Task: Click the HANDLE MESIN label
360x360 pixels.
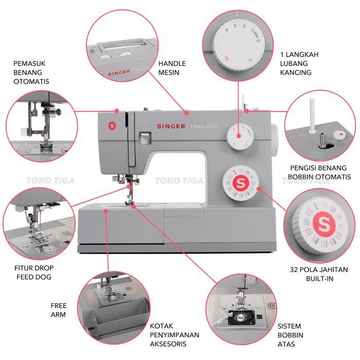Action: (172, 68)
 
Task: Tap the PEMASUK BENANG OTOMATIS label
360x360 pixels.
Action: (31, 73)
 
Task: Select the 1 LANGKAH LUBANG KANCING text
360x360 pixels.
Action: (299, 63)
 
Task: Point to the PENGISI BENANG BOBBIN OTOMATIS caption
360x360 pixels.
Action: (319, 172)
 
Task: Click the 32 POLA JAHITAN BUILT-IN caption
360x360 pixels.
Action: (319, 274)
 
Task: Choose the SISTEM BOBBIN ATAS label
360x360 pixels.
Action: (290, 335)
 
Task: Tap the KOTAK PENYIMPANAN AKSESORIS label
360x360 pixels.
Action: (174, 335)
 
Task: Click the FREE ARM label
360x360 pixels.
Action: (59, 310)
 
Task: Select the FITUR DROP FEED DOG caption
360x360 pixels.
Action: (34, 272)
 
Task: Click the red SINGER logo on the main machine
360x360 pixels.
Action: (171, 126)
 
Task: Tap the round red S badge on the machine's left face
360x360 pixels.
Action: (112, 125)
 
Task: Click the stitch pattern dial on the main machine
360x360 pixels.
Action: (241, 183)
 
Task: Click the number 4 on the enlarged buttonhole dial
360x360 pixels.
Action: (227, 30)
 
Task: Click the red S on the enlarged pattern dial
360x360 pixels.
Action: (324, 223)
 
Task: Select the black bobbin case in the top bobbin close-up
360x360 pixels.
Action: (241, 317)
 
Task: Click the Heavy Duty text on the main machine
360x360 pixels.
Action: (204, 126)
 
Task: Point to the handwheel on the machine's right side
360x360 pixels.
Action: (275, 140)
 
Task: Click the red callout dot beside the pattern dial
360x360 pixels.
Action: (259, 189)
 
